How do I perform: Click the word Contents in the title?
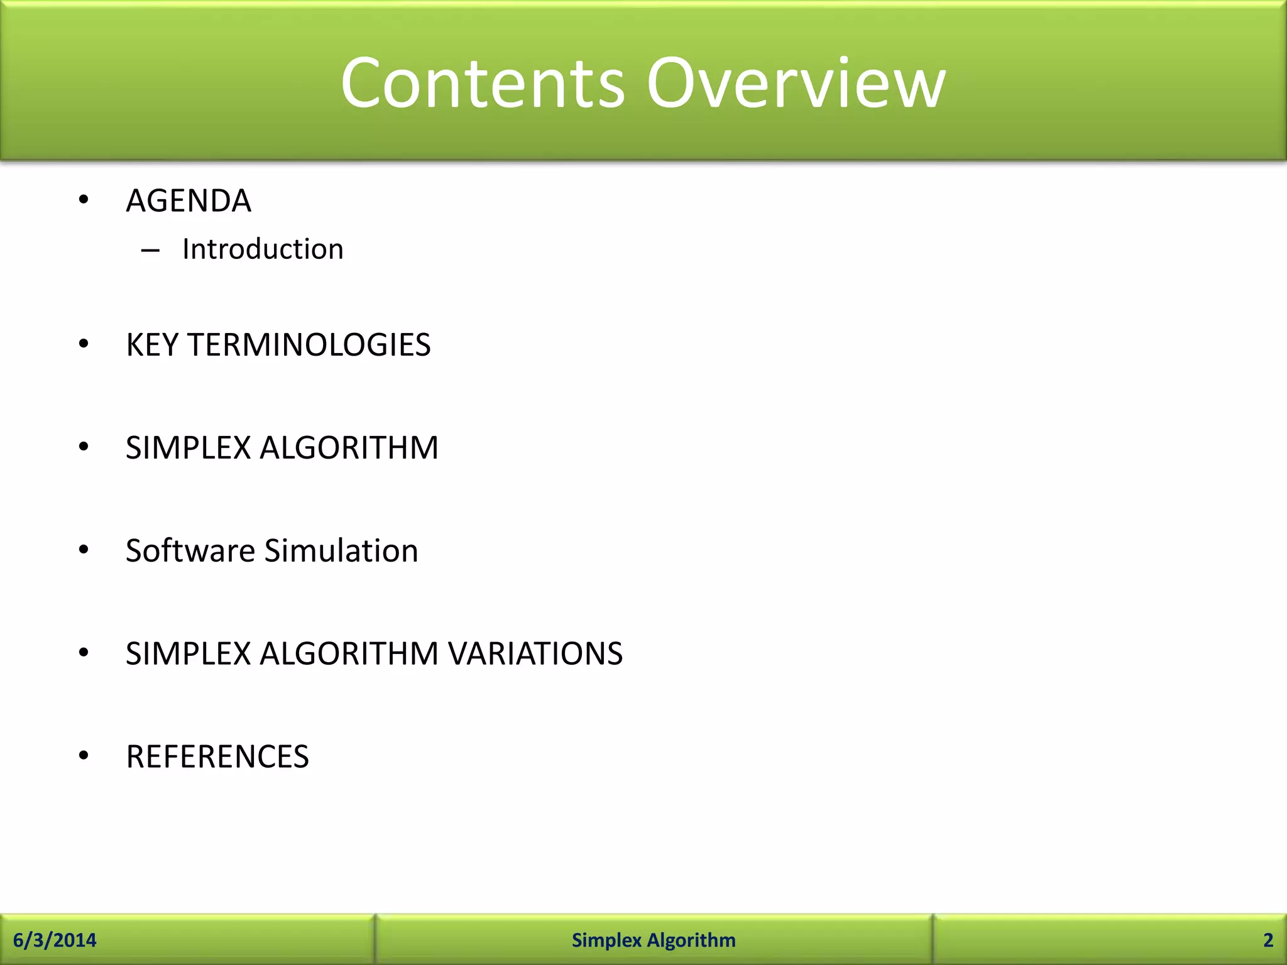(483, 83)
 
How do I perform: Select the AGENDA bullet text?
(189, 201)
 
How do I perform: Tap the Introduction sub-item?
(263, 249)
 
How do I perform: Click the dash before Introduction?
(150, 251)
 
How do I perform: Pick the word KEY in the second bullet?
(152, 345)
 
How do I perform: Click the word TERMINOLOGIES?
(309, 345)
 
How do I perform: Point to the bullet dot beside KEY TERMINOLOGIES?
(84, 344)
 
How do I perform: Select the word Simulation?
(341, 551)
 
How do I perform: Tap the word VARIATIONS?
(535, 653)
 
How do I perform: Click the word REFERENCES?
(217, 756)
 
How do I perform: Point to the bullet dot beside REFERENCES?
(84, 756)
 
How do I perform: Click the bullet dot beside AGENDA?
(84, 200)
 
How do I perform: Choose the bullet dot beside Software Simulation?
(84, 550)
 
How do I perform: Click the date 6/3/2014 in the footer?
(55, 940)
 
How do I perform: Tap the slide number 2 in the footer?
(1268, 940)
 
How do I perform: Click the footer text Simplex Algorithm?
(654, 940)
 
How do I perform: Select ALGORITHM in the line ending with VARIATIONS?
(349, 653)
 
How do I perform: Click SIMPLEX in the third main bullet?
(189, 448)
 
